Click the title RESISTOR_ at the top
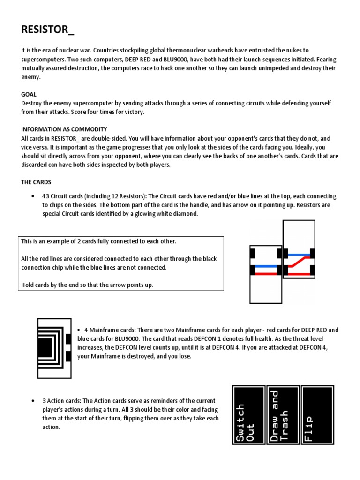click(47, 30)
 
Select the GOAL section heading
click(29, 94)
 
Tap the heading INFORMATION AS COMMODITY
click(64, 129)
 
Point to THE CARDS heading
click(36, 182)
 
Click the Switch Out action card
click(248, 415)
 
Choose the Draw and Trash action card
click(283, 415)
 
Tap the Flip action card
click(317, 415)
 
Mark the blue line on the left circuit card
click(266, 266)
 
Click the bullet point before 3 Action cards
click(32, 401)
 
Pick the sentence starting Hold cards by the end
click(87, 285)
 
